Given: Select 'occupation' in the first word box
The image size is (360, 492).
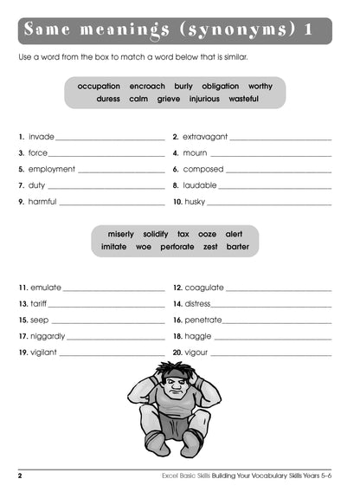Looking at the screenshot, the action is coord(99,87).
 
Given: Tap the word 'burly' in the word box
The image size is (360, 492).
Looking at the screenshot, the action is coord(183,87).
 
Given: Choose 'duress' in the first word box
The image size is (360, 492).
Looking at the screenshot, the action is coord(108,99).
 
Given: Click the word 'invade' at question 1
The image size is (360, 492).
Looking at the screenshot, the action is coord(42,137).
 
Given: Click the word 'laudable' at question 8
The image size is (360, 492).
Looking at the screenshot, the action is coord(200,185).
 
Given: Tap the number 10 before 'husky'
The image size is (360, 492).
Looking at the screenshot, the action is coord(177,202).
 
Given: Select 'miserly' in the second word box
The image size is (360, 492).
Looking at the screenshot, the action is coord(121,234).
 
